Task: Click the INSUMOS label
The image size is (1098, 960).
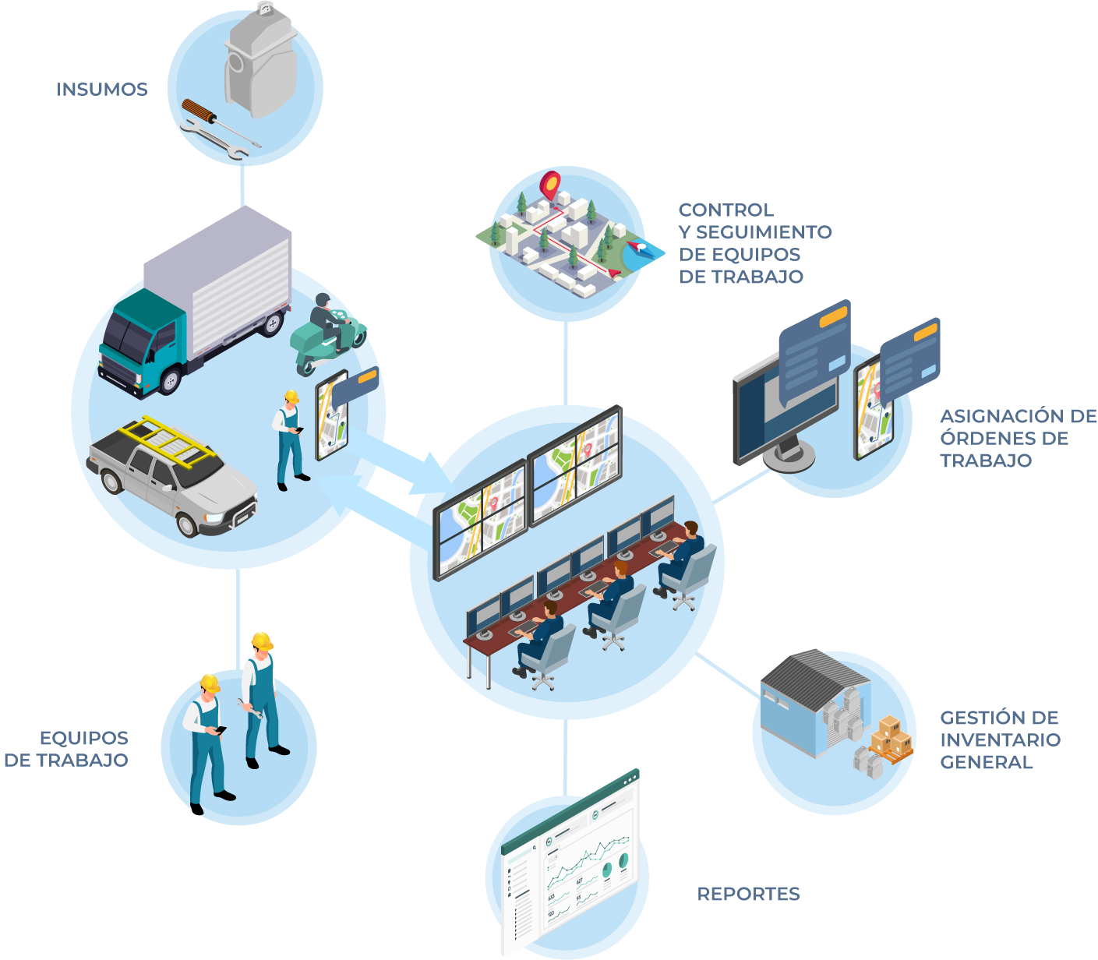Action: point(101,90)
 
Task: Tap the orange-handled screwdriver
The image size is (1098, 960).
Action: point(199,114)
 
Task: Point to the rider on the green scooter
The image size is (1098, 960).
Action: point(325,319)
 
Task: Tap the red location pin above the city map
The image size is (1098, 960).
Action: point(550,185)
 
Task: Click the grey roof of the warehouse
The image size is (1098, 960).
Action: point(810,675)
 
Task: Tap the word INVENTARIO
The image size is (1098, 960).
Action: point(1000,739)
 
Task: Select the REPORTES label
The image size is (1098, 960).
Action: point(748,894)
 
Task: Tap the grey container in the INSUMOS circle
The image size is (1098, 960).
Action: point(261,62)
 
